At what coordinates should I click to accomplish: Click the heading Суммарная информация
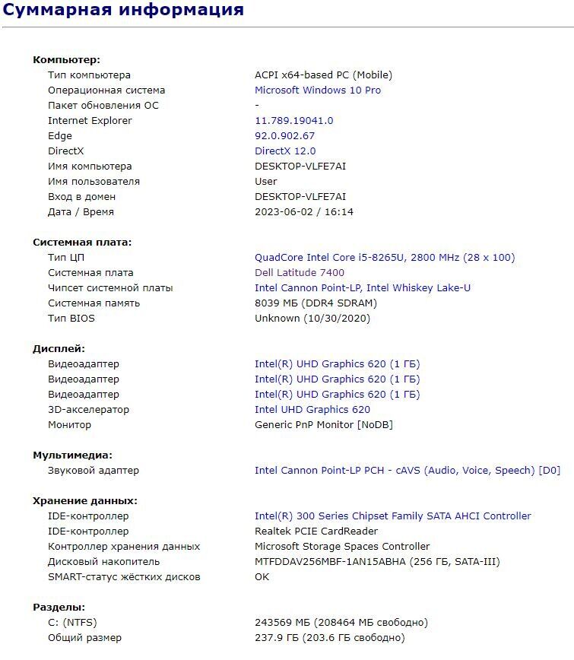pos(123,11)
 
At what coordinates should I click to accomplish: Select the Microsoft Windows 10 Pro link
pos(318,90)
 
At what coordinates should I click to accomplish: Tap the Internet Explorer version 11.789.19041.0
pos(293,121)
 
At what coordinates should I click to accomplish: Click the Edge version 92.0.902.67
pos(284,136)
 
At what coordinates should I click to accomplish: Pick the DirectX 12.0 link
pos(285,151)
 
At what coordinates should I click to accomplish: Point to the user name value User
pos(266,182)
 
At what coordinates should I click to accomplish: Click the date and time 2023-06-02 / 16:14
pos(304,212)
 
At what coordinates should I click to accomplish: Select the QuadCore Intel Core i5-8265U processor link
pos(384,258)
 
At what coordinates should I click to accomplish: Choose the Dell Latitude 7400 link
pos(300,273)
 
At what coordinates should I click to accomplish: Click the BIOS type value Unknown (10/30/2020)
pos(312,319)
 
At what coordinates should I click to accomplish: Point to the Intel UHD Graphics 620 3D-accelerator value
pos(312,410)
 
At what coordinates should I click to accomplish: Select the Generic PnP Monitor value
pos(324,425)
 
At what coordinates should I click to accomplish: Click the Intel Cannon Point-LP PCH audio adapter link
pos(407,471)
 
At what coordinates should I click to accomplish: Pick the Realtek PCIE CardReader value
pos(316,531)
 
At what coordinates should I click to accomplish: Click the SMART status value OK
pos(262,577)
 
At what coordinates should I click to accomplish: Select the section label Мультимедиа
pos(72,455)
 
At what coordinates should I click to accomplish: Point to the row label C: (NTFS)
pos(67,623)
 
